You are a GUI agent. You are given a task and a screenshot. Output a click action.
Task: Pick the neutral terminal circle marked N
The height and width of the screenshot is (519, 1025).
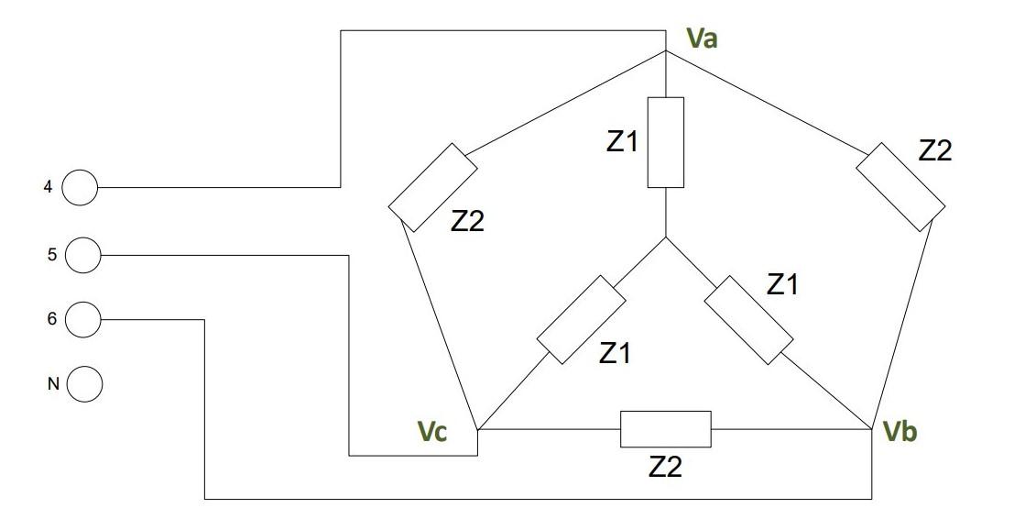pyautogui.click(x=83, y=384)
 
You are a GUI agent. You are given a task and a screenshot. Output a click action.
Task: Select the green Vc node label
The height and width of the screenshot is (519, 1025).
pyautogui.click(x=431, y=432)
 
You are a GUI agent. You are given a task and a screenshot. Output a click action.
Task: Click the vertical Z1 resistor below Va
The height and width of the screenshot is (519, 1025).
pyautogui.click(x=666, y=142)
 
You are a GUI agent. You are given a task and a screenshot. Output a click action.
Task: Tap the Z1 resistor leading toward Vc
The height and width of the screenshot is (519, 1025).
pyautogui.click(x=581, y=318)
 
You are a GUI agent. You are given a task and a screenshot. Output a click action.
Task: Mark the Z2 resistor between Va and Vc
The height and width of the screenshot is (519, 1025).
pyautogui.click(x=432, y=187)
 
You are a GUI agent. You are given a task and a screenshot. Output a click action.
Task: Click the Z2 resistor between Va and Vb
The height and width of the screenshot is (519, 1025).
pyautogui.click(x=900, y=187)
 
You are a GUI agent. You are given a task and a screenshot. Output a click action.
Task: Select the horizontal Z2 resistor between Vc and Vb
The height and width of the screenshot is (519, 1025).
pyautogui.click(x=666, y=429)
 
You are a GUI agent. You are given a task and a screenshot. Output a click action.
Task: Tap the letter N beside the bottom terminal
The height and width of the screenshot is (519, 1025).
pyautogui.click(x=52, y=384)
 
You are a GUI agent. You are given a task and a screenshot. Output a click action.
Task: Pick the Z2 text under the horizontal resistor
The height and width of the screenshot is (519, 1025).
pyautogui.click(x=666, y=467)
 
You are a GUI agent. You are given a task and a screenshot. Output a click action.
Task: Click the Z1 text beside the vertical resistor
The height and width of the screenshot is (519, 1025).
pyautogui.click(x=622, y=142)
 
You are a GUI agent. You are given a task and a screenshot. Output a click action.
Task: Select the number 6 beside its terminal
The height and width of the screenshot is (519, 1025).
pyautogui.click(x=51, y=319)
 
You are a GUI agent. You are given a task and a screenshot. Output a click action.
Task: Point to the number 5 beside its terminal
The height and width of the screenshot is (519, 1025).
pyautogui.click(x=51, y=254)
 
